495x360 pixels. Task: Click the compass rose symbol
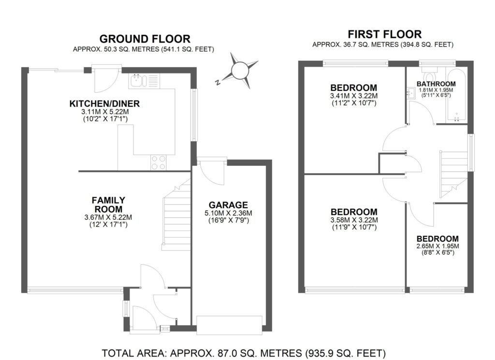(x=239, y=71)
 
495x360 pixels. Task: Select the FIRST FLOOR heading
(x=384, y=34)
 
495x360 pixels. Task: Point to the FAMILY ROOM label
(x=108, y=204)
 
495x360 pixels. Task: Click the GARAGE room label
(x=228, y=204)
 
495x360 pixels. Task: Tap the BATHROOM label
(x=436, y=84)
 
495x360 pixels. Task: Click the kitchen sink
(x=136, y=80)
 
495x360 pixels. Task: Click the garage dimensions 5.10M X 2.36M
(x=228, y=213)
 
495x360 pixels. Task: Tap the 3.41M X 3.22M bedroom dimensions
(x=353, y=96)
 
